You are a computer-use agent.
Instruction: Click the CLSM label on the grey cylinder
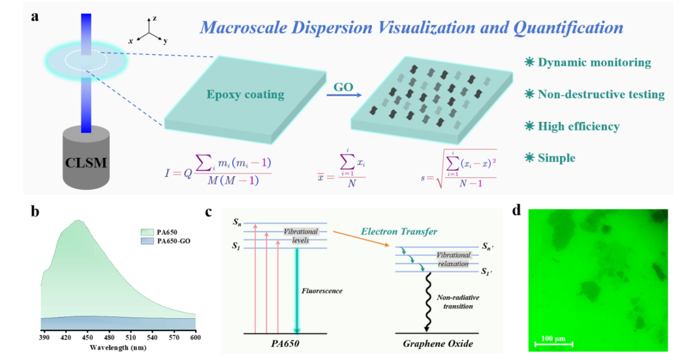click(87, 164)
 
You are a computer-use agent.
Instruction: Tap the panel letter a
click(35, 16)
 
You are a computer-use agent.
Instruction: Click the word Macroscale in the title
click(238, 28)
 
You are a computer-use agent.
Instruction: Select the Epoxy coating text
click(245, 95)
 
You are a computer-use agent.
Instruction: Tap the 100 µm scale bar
click(554, 343)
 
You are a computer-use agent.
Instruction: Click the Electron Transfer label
click(399, 232)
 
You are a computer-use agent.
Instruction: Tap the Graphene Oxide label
click(438, 344)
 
